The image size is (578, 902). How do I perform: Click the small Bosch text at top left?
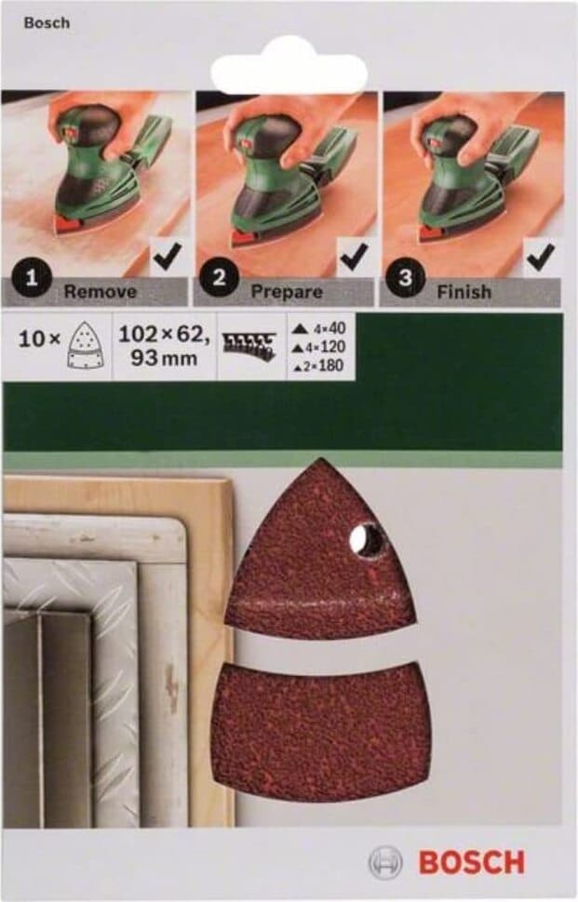point(47,23)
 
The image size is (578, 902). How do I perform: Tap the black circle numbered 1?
point(31,278)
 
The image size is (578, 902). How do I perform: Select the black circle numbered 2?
point(219,278)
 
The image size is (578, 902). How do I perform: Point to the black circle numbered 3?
point(405,278)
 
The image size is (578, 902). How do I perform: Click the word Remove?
point(101,292)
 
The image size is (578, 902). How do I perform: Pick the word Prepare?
point(287,292)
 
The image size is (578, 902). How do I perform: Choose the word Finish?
point(464,292)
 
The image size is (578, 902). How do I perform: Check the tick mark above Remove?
point(168,256)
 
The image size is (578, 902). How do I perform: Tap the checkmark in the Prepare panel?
point(355,256)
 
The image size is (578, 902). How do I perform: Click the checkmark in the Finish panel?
point(541,256)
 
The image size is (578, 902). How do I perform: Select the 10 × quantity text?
point(39,339)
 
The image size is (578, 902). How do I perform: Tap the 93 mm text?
point(164,358)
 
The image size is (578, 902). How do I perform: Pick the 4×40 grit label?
point(319,328)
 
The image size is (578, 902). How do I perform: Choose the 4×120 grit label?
point(319,347)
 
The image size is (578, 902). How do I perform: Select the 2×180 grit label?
point(319,365)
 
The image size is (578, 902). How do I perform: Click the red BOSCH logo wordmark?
point(472,863)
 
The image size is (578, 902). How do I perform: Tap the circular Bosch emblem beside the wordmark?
point(384,863)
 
